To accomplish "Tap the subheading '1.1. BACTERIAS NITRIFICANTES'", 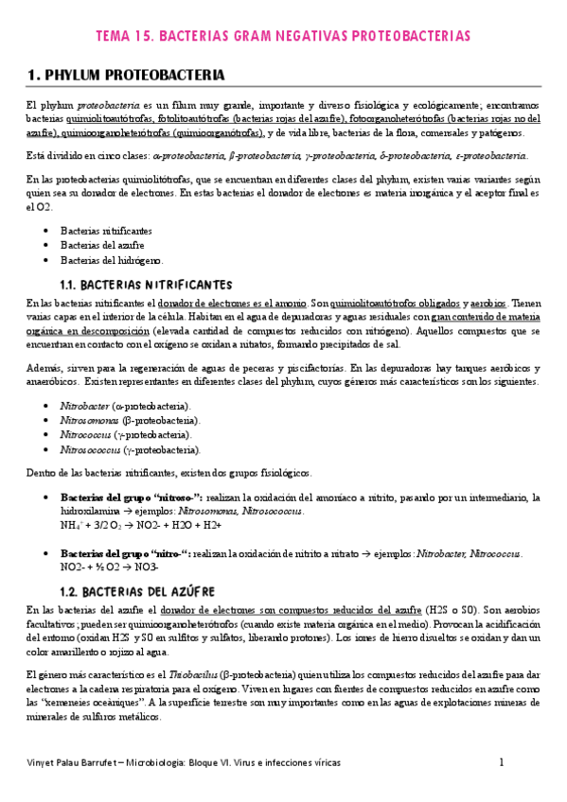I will point(146,283).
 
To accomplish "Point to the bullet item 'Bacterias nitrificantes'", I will point(105,230).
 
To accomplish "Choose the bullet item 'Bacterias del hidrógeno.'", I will point(112,260).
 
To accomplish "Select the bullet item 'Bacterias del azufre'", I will point(100,245).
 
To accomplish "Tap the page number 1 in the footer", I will point(502,761).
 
